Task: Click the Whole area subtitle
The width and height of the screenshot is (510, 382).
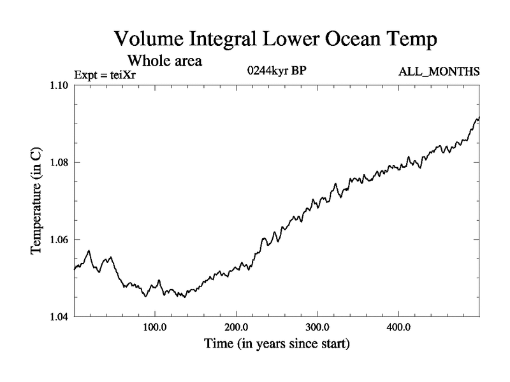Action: pyautogui.click(x=165, y=61)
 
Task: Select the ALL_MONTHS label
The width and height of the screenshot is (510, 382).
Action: pyautogui.click(x=438, y=72)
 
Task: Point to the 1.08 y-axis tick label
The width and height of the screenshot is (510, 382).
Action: pyautogui.click(x=59, y=163)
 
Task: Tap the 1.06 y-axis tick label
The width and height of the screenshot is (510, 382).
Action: pyautogui.click(x=59, y=240)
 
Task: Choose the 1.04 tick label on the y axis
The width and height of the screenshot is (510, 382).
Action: pyautogui.click(x=59, y=316)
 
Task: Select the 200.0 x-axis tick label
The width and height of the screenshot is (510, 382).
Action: pyautogui.click(x=237, y=329)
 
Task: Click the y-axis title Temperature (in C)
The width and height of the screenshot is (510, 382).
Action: pyautogui.click(x=38, y=201)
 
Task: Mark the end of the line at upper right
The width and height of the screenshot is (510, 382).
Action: pyautogui.click(x=479, y=118)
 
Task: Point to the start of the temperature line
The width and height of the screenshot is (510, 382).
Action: pyautogui.click(x=75, y=269)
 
